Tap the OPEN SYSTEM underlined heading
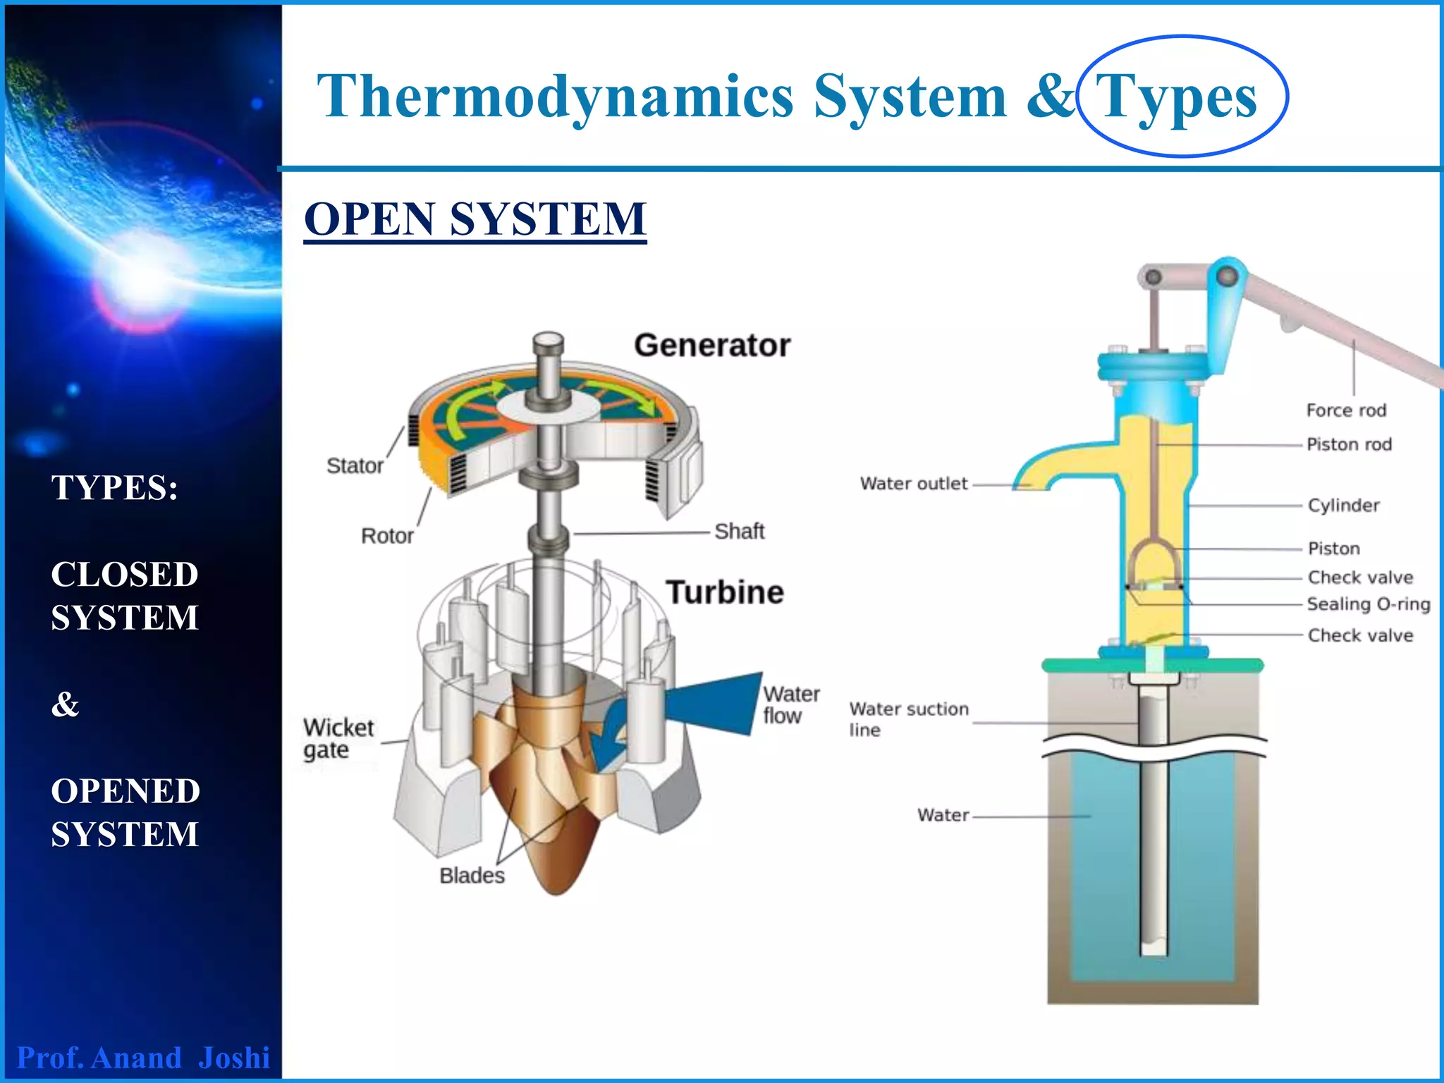pos(475,219)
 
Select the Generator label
pos(711,345)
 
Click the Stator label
pos(355,466)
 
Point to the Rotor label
pos(386,536)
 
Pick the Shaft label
pos(739,531)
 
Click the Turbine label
pos(725,592)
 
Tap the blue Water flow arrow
pos(712,704)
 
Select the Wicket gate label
pos(338,738)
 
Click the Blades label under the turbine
pos(472,876)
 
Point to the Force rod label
pos(1345,410)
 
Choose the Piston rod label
pos(1348,444)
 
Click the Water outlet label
pos(913,484)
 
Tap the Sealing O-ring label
pos(1368,604)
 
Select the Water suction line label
pos(907,718)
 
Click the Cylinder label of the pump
pos(1343,506)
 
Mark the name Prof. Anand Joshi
pos(143,1058)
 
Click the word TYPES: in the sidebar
pos(114,487)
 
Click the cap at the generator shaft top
pos(548,343)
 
